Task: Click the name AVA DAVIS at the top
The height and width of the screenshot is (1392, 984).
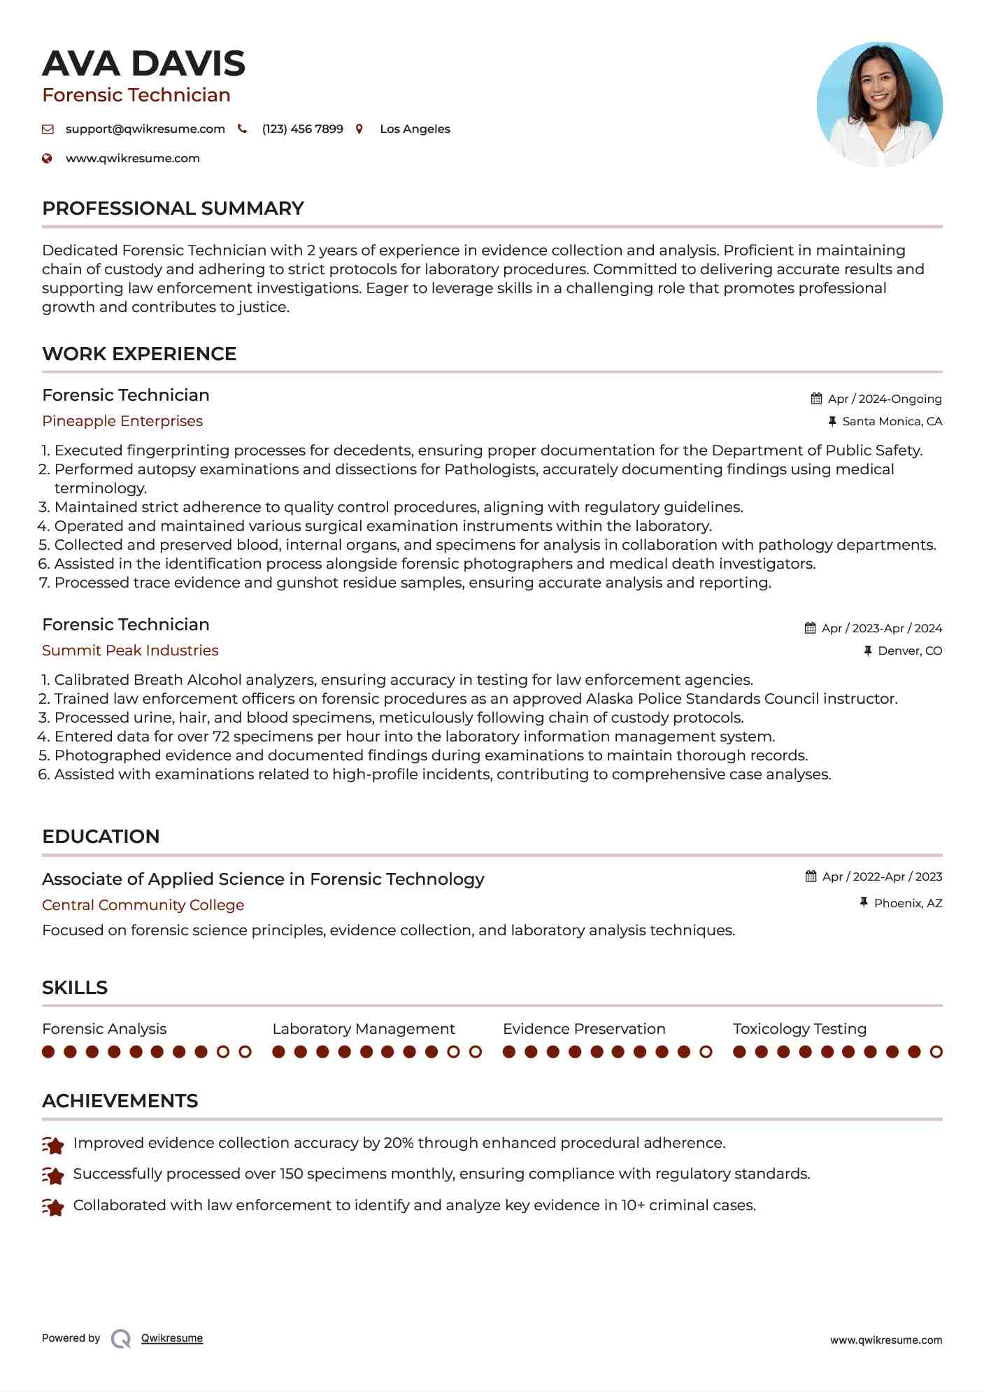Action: point(143,64)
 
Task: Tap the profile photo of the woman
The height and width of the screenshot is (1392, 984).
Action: point(879,104)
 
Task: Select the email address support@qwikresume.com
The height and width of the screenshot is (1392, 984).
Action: point(145,129)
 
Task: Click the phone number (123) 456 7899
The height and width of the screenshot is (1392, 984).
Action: point(302,129)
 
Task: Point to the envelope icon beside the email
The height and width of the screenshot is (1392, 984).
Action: point(48,129)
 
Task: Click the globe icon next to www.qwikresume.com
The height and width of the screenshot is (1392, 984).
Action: point(47,159)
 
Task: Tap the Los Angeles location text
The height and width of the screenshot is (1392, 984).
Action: point(415,129)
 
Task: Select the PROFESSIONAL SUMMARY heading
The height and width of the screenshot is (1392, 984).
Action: point(173,208)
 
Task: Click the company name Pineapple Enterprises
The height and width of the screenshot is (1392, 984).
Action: point(122,421)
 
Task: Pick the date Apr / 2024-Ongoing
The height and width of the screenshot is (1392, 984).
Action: point(884,399)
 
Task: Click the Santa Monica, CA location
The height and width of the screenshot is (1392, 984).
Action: point(892,421)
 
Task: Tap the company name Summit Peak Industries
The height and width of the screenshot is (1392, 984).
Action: point(130,651)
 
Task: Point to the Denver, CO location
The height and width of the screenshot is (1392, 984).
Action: point(909,651)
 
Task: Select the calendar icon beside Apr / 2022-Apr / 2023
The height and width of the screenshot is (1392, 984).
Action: point(811,876)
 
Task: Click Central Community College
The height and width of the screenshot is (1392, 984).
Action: point(143,905)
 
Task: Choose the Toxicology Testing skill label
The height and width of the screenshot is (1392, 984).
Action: point(799,1029)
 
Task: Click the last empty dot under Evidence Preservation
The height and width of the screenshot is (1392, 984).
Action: point(706,1051)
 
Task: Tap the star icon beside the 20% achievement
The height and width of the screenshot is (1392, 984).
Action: point(53,1145)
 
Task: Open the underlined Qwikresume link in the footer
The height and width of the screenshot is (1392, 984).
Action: point(172,1338)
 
